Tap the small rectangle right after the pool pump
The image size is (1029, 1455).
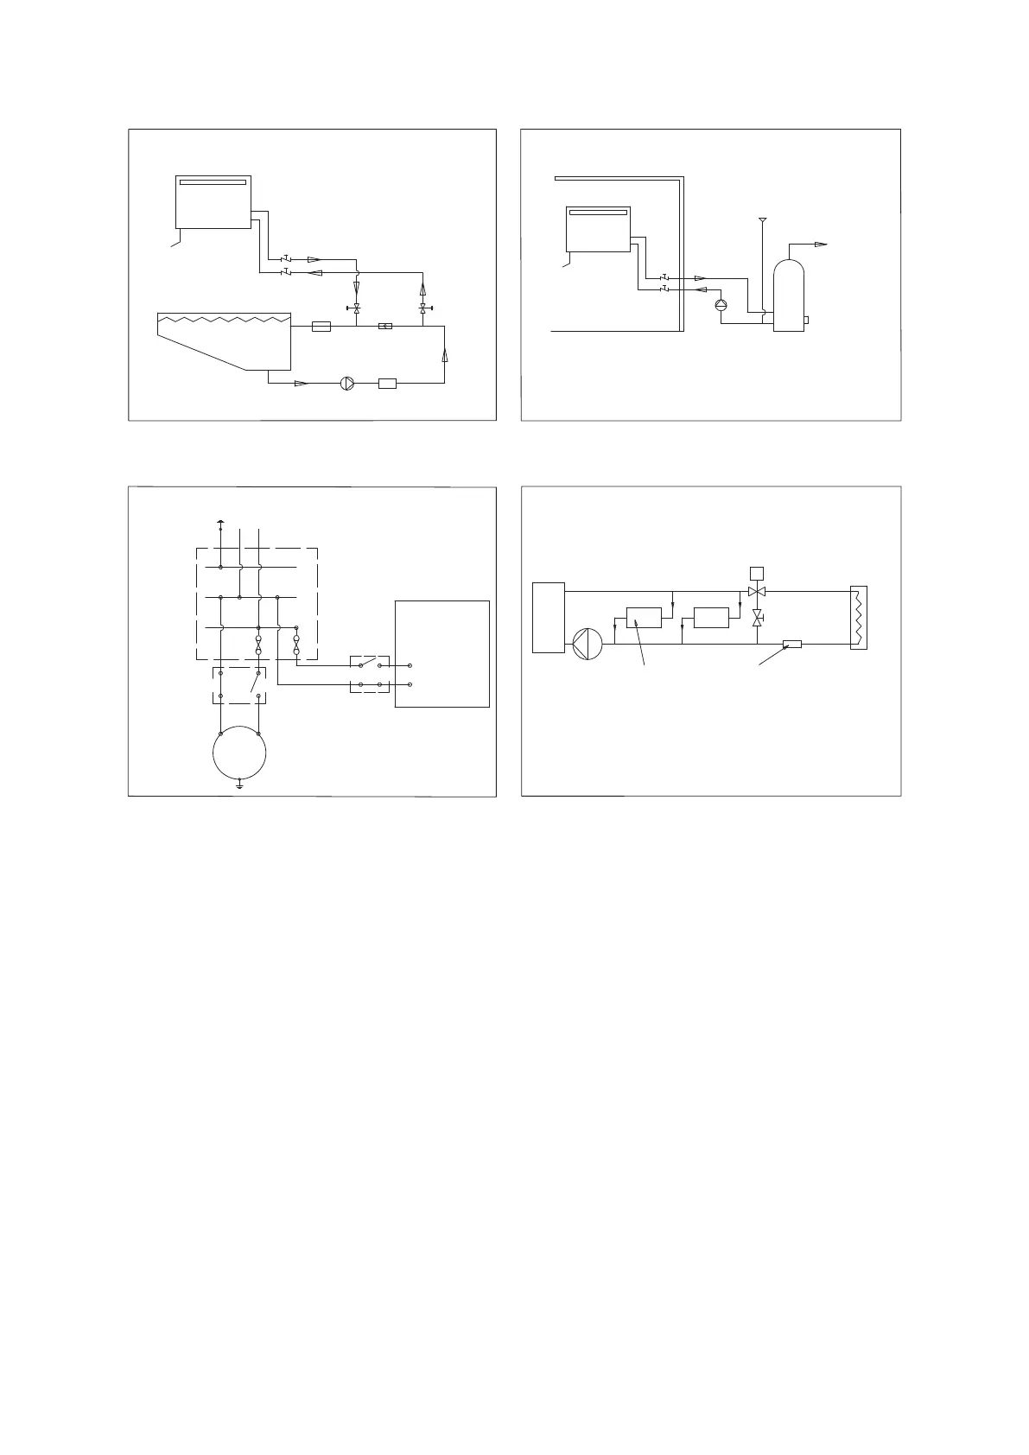[x=387, y=384]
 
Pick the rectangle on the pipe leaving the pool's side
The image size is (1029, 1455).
[x=321, y=327]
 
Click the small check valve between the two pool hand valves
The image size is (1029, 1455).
[x=385, y=327]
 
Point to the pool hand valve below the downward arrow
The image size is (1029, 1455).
[x=357, y=308]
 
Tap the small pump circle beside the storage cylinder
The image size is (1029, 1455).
[x=721, y=305]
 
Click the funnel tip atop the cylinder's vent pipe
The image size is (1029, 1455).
[x=762, y=220]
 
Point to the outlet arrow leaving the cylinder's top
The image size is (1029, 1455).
[x=821, y=245]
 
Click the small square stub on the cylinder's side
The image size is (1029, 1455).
[x=806, y=321]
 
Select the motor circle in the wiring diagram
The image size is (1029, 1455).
[x=239, y=753]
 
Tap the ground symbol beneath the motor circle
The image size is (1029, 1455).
[x=239, y=786]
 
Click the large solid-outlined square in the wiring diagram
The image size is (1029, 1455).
[x=442, y=653]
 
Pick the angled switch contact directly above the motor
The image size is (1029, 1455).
[x=254, y=683]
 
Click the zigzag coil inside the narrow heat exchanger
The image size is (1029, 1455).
[x=858, y=617]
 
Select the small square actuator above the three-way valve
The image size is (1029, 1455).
[x=757, y=572]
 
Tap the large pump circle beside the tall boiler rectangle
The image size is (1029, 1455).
[x=588, y=644]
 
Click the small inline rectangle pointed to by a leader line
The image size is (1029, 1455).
[x=791, y=644]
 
